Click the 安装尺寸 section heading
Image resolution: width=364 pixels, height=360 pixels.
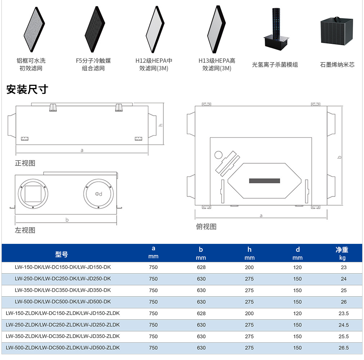tap(27, 89)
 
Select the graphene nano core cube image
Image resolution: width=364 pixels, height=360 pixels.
tap(337, 31)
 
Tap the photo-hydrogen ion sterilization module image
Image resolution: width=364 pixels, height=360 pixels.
tap(276, 29)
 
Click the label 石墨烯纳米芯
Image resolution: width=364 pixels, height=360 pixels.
tap(337, 65)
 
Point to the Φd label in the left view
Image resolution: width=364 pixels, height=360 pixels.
tap(98, 194)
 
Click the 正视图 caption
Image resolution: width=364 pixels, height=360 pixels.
tap(25, 163)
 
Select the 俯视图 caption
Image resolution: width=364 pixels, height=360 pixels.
tap(206, 227)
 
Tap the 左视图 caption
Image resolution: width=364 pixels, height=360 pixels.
tap(25, 230)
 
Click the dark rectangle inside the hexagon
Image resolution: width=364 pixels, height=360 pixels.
tap(265, 181)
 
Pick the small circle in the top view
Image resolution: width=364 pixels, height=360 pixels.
tap(218, 155)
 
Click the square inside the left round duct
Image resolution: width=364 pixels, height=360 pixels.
tap(33, 194)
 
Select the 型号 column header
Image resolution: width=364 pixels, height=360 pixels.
tap(62, 254)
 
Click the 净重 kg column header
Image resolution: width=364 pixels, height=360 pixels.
tap(342, 254)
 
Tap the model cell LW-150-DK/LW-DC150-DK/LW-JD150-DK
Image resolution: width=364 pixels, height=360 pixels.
tap(63, 267)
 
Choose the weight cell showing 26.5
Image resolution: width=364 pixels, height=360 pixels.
tap(343, 348)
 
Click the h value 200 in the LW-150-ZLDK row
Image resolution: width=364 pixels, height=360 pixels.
tap(249, 313)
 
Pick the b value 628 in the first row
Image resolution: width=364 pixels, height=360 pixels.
tap(201, 268)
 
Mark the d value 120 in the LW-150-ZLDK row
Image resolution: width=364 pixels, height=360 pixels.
tap(297, 313)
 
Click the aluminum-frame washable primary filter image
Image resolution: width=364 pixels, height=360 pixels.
tap(34, 29)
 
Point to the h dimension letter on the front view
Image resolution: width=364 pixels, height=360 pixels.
tap(160, 125)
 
